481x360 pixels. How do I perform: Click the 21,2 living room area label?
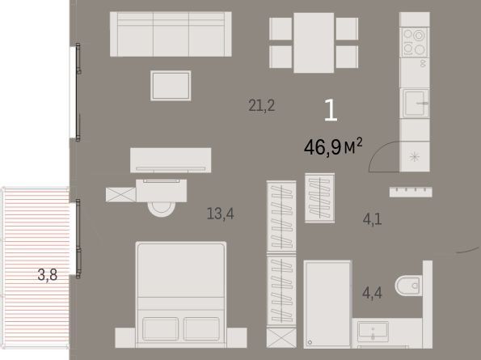point(262,106)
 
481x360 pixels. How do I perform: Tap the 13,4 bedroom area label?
point(220,214)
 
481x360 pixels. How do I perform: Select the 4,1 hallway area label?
point(372,219)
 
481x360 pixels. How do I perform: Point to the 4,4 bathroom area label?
point(372,293)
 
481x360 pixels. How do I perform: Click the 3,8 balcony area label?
point(48,275)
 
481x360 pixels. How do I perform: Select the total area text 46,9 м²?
point(333,147)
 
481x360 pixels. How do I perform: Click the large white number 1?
point(331,110)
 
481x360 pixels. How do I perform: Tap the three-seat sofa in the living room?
point(171,34)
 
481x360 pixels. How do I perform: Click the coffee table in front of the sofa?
point(171,86)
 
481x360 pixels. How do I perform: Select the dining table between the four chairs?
point(314,43)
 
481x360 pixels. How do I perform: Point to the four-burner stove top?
point(414,42)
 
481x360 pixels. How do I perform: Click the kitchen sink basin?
point(415,103)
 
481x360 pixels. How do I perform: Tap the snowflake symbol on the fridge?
point(415,157)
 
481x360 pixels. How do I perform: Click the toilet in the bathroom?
point(408,286)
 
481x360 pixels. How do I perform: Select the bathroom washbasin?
point(373,331)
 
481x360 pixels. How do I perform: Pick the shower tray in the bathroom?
point(327,304)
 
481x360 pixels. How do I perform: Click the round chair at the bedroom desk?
point(162,209)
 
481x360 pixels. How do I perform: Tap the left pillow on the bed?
point(160,329)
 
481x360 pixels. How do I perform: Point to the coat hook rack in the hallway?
point(411,192)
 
